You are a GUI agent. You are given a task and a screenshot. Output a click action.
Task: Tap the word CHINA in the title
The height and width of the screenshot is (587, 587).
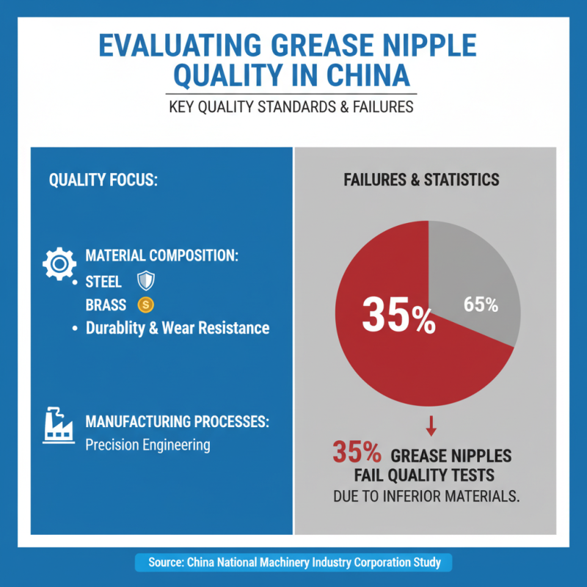(x=376, y=76)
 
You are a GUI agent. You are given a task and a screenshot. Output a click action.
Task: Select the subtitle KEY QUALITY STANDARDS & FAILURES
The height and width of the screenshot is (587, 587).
(x=291, y=106)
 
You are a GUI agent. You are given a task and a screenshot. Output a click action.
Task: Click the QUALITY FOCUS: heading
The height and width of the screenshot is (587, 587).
(x=103, y=180)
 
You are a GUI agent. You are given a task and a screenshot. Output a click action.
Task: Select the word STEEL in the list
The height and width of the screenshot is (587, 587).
(x=103, y=282)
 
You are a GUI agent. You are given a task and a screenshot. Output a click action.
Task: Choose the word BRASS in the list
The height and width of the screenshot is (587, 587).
(x=106, y=304)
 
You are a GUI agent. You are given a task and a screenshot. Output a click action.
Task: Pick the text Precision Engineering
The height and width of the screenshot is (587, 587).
(x=147, y=445)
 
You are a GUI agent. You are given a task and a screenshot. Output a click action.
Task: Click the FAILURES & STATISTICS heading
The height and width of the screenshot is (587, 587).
(x=421, y=180)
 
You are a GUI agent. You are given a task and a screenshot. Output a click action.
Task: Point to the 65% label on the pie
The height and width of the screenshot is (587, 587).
(x=481, y=305)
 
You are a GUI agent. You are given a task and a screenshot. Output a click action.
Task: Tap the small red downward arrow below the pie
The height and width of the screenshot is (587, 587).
(x=431, y=425)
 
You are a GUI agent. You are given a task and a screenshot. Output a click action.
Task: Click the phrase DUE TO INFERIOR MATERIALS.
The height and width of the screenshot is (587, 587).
(x=426, y=496)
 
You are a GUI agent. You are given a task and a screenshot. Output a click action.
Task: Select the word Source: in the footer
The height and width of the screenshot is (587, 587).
(x=166, y=563)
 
